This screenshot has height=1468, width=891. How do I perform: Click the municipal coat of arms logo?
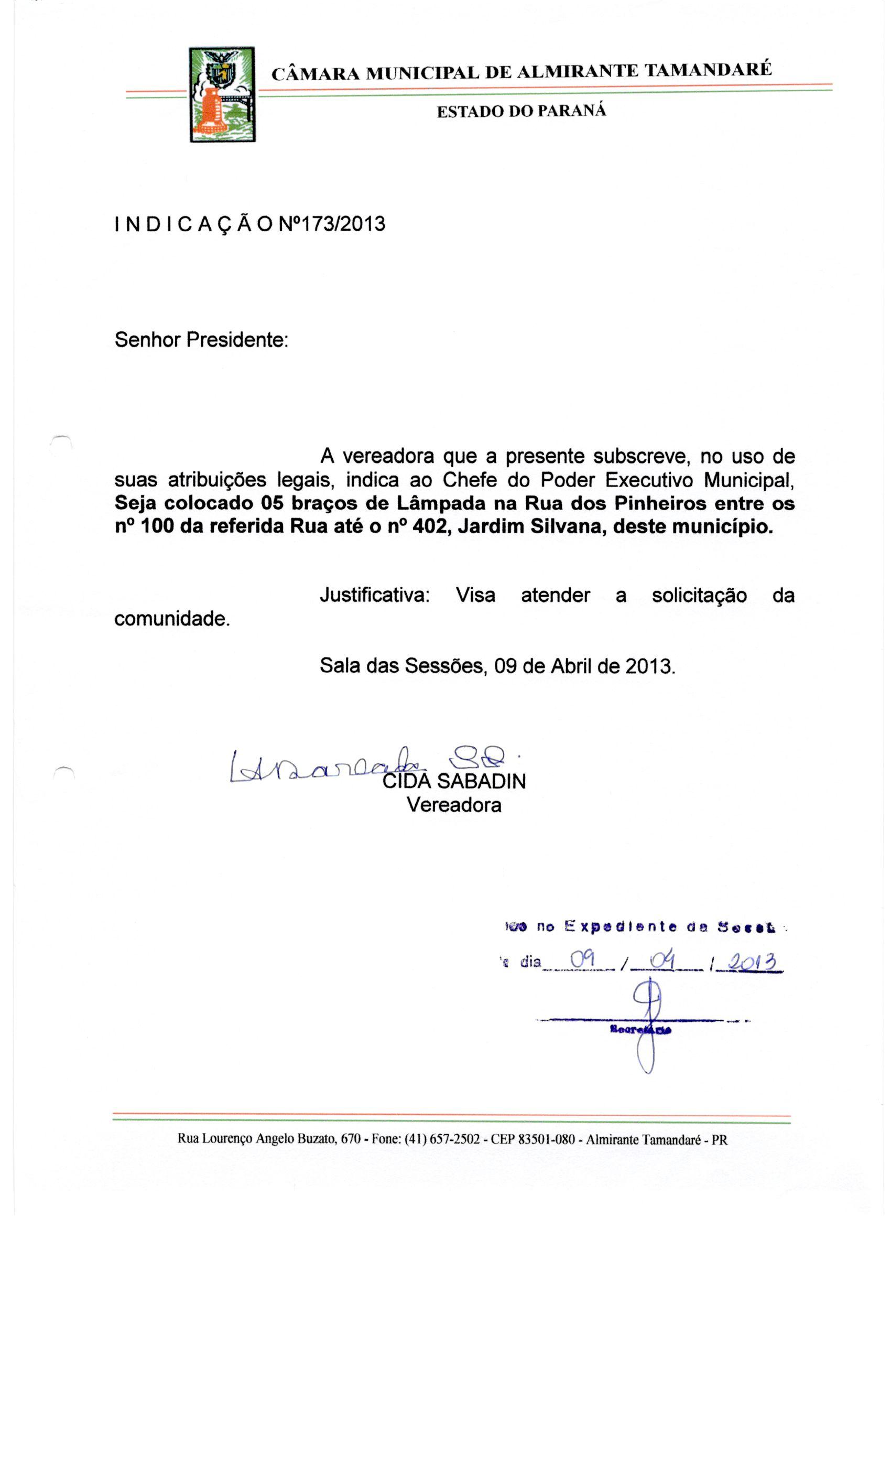pyautogui.click(x=222, y=94)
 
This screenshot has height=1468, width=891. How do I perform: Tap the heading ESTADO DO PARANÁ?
pyautogui.click(x=521, y=111)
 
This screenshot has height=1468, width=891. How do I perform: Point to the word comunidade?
pyautogui.click(x=171, y=619)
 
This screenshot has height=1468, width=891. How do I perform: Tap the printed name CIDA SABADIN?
pyautogui.click(x=454, y=781)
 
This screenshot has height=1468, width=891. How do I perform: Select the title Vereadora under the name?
pyautogui.click(x=454, y=805)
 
